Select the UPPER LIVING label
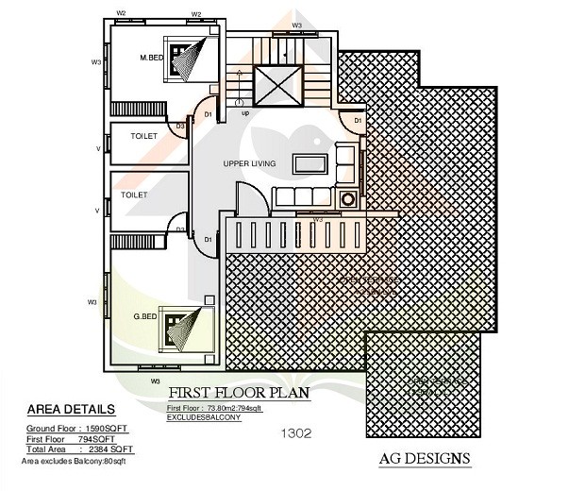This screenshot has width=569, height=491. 249,164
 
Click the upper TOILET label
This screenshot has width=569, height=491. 144,137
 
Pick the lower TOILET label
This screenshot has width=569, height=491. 134,195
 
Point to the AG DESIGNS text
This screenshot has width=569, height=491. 424,459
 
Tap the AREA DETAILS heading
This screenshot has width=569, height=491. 72,410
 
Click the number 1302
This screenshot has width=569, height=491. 296,434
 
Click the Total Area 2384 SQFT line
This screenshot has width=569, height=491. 75,449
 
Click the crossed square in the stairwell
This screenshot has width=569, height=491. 277,87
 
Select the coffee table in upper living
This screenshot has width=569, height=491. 309,162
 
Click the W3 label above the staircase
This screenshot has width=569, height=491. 296,25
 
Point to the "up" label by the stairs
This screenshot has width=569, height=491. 245,112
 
